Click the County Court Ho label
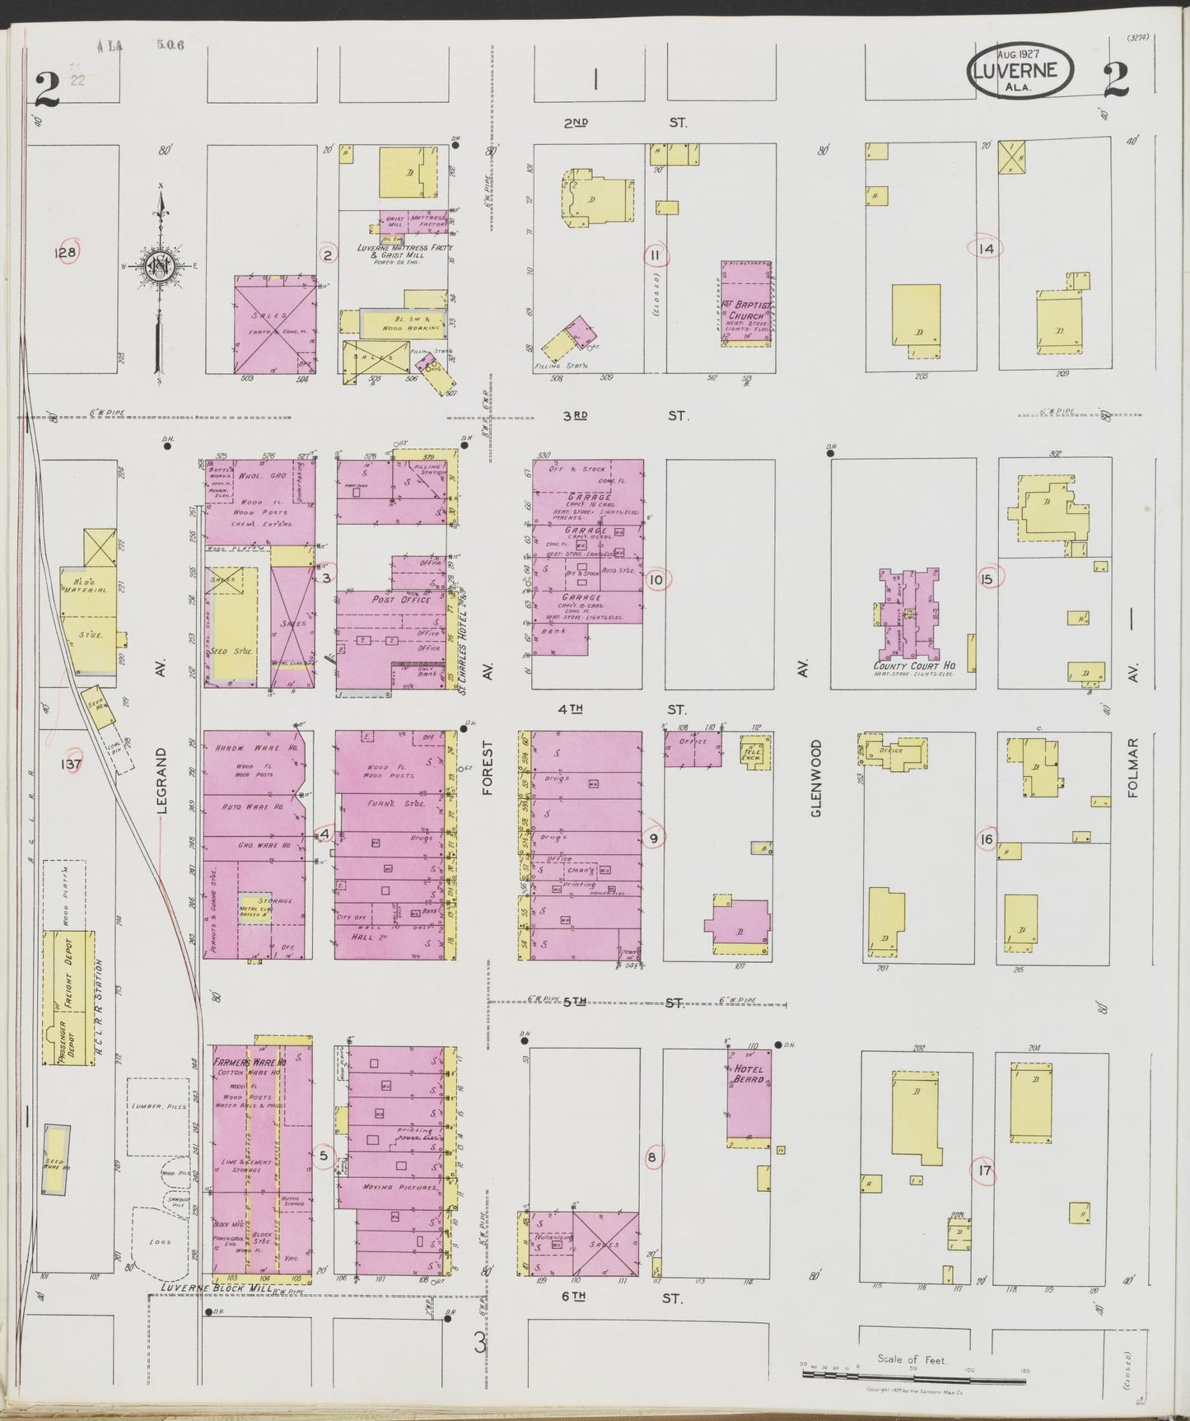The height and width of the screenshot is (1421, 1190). pyautogui.click(x=908, y=666)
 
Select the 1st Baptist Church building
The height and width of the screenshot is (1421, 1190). pyautogui.click(x=746, y=302)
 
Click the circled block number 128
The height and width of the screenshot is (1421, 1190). pyautogui.click(x=65, y=253)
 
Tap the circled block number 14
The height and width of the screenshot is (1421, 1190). pyautogui.click(x=986, y=248)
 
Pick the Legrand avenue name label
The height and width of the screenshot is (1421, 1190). pyautogui.click(x=162, y=780)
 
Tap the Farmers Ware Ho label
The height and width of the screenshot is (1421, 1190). pyautogui.click(x=250, y=1063)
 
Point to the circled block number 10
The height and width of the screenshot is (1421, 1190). pyautogui.click(x=656, y=579)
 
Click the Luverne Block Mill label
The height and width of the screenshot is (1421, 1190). pyautogui.click(x=216, y=1310)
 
